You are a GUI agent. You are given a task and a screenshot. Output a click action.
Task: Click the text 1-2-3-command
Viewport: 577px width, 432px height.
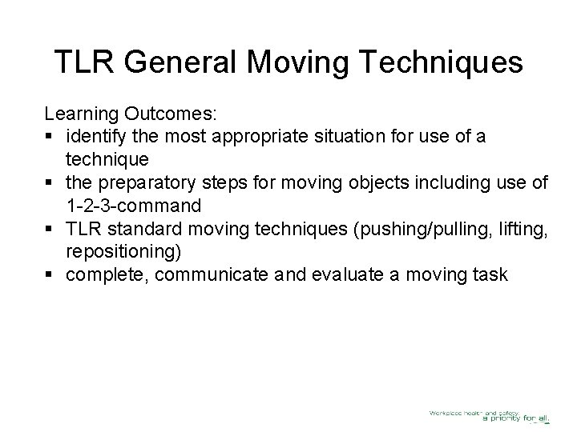tap(133, 206)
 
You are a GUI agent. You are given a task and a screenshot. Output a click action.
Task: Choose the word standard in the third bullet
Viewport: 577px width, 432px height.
tap(147, 230)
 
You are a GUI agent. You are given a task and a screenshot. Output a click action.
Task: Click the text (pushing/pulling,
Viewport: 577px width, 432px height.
tap(411, 230)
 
